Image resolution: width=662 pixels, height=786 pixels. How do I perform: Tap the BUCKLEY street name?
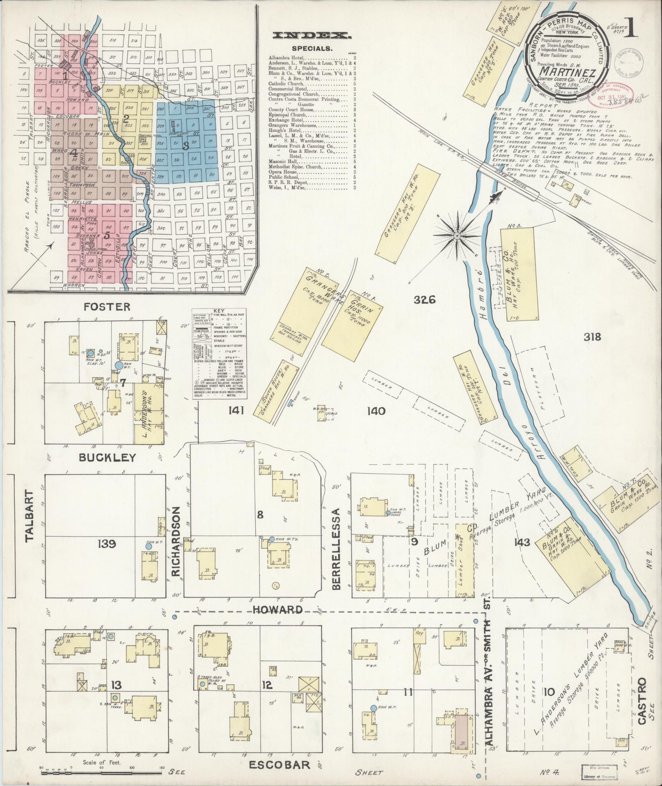(108, 458)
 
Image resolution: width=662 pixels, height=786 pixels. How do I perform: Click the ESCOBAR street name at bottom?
(279, 764)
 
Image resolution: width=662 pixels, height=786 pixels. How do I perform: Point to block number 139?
(107, 544)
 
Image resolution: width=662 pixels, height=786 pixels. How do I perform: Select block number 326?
(424, 300)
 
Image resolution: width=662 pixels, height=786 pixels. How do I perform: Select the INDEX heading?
(312, 36)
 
